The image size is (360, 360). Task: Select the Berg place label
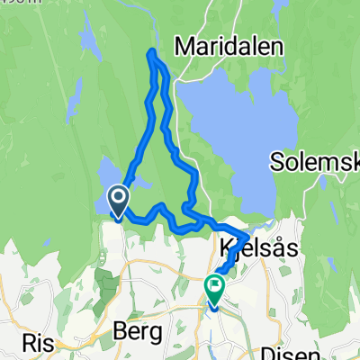click(x=139, y=331)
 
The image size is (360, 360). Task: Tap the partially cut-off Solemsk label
click(x=315, y=162)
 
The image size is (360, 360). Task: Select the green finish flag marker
click(x=215, y=288)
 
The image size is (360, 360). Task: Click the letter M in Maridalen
click(x=186, y=44)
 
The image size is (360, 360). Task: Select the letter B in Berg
click(x=120, y=331)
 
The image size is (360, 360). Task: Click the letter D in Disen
click(x=264, y=354)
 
